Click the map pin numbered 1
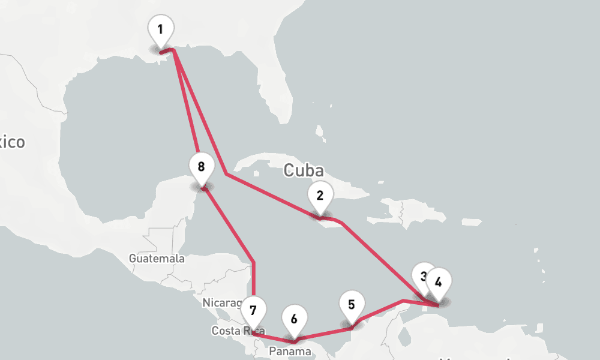coord(160,30)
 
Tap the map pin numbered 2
coord(320,196)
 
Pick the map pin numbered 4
coord(439,283)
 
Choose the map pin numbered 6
coord(294,320)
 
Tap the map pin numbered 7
coord(253,311)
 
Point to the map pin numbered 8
coord(201,167)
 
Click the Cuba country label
coord(303,170)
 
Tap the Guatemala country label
coord(157,259)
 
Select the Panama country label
coord(290,351)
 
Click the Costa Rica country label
coord(231,331)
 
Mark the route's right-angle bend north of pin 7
coord(254,263)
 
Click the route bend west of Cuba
coord(226,174)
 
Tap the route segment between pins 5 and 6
coord(323,333)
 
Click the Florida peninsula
coord(273,90)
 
